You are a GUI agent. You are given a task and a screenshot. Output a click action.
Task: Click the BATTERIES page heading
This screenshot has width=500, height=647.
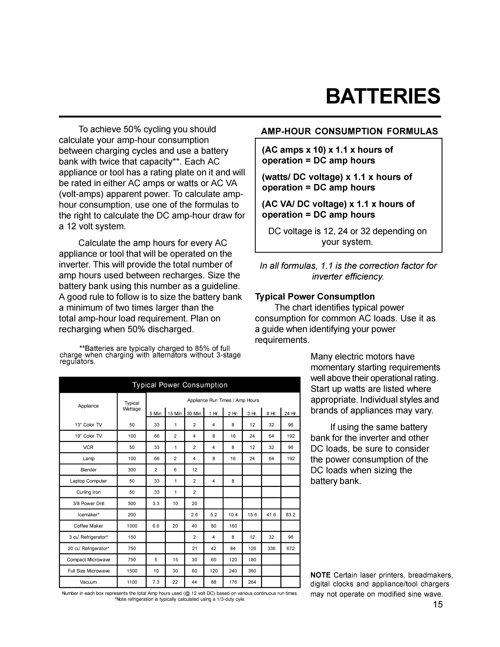pos(383,97)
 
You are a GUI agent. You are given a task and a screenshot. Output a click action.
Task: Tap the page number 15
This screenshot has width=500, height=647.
pos(438,605)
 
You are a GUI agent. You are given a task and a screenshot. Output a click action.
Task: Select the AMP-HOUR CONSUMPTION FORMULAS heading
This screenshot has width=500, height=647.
pos(349,132)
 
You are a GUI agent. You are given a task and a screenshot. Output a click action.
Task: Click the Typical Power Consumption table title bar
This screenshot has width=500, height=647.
pos(180,385)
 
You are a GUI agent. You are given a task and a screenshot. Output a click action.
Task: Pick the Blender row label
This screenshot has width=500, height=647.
pos(88,470)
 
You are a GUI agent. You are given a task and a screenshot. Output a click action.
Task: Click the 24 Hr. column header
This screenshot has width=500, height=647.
pos(290,413)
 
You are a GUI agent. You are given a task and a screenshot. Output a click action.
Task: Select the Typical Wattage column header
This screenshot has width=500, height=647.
pos(132,406)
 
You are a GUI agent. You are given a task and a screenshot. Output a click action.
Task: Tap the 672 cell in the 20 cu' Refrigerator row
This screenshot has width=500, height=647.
pos(290,548)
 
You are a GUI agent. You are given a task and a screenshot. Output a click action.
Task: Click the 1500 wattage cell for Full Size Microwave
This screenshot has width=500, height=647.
pos(132,571)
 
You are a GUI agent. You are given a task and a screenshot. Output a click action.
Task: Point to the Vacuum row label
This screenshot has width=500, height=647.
pos(88,582)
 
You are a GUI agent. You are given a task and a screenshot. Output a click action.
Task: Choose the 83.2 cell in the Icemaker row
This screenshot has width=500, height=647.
pos(290,515)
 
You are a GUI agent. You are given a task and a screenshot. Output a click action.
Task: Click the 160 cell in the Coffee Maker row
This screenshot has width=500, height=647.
pos(233,526)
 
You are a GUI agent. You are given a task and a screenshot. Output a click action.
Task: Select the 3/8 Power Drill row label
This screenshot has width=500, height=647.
pos(88,503)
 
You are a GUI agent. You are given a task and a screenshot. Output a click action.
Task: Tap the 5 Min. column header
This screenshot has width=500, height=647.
pos(156,413)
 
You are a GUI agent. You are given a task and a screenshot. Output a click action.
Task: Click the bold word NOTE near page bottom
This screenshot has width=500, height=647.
pos(320,575)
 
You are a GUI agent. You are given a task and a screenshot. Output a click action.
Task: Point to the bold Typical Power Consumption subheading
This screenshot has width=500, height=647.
pos(315,297)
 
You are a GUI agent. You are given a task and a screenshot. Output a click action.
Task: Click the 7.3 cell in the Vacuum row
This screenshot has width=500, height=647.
pos(156,582)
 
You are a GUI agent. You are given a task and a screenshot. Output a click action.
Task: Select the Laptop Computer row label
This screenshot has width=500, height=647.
pos(88,481)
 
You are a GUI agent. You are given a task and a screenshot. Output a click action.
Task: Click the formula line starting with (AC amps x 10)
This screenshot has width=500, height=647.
pos(327,150)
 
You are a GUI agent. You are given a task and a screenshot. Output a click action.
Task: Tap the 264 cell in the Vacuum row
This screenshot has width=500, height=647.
pos(252,582)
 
